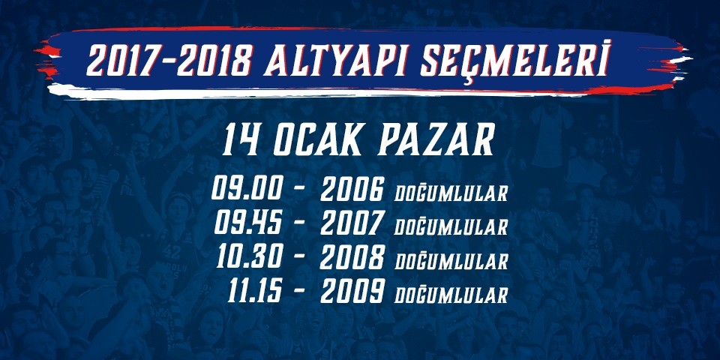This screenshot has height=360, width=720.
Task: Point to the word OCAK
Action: pos(320,139)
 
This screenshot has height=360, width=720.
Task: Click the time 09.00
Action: pos(247,189)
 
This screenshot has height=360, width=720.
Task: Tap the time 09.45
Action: pos(248,224)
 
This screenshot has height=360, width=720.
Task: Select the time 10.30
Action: pos(249,257)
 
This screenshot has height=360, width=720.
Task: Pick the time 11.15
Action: pos(254,292)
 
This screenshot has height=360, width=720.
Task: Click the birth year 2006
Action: pos(352,189)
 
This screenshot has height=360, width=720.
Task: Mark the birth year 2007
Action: pos(352,224)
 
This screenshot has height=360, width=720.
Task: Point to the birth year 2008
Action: pos(352,258)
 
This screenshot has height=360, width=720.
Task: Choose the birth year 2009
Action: pos(352,292)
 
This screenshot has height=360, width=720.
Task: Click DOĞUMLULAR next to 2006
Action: pos(451,193)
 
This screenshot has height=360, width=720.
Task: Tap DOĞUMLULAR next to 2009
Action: pos(451,295)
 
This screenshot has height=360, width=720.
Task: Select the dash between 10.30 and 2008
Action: pos(299,257)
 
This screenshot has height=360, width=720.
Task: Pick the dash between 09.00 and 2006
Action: pos(299,189)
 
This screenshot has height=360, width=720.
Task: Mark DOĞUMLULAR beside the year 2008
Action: pos(451,261)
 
